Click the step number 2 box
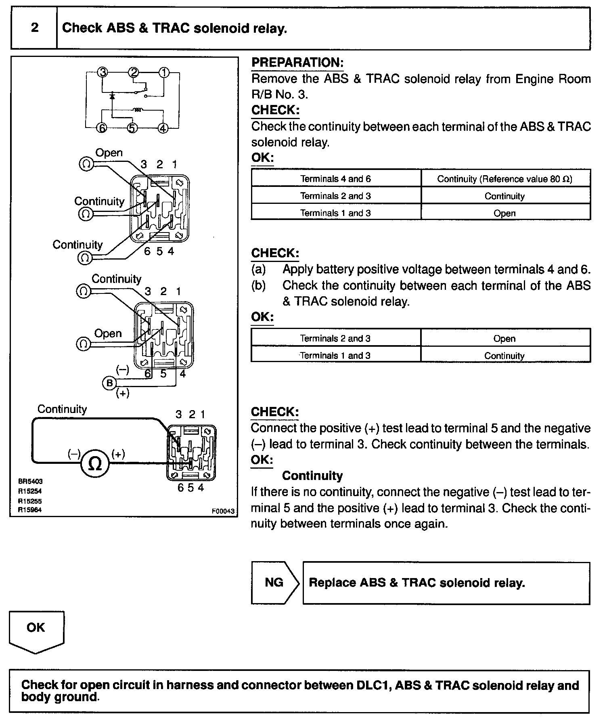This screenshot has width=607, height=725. [34, 28]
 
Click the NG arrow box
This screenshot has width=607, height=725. [275, 582]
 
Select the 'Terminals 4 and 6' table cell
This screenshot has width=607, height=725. [335, 179]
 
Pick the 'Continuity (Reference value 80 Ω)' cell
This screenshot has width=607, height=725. [505, 179]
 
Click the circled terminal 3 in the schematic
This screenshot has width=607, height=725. [103, 73]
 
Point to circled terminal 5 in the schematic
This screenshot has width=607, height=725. [132, 128]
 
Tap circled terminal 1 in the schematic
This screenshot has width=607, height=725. [163, 73]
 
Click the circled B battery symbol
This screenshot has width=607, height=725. [109, 383]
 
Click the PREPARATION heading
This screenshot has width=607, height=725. [297, 63]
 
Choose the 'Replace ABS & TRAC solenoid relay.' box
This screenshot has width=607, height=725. [446, 583]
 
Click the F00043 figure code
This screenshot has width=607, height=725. [222, 511]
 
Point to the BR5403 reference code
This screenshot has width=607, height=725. [30, 481]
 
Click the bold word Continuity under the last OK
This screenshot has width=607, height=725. [312, 476]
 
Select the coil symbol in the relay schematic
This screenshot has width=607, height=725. [138, 109]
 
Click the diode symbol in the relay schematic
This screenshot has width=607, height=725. [113, 96]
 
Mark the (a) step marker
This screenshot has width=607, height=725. [258, 269]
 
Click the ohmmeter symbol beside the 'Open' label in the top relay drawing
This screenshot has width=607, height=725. [86, 163]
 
